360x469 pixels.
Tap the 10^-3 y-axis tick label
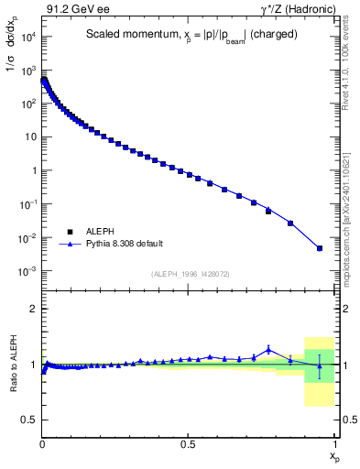[x=29, y=272]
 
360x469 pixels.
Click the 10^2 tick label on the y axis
[x=29, y=104]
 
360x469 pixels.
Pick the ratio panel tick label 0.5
[x=30, y=420]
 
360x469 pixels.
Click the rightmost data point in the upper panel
[x=320, y=247]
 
